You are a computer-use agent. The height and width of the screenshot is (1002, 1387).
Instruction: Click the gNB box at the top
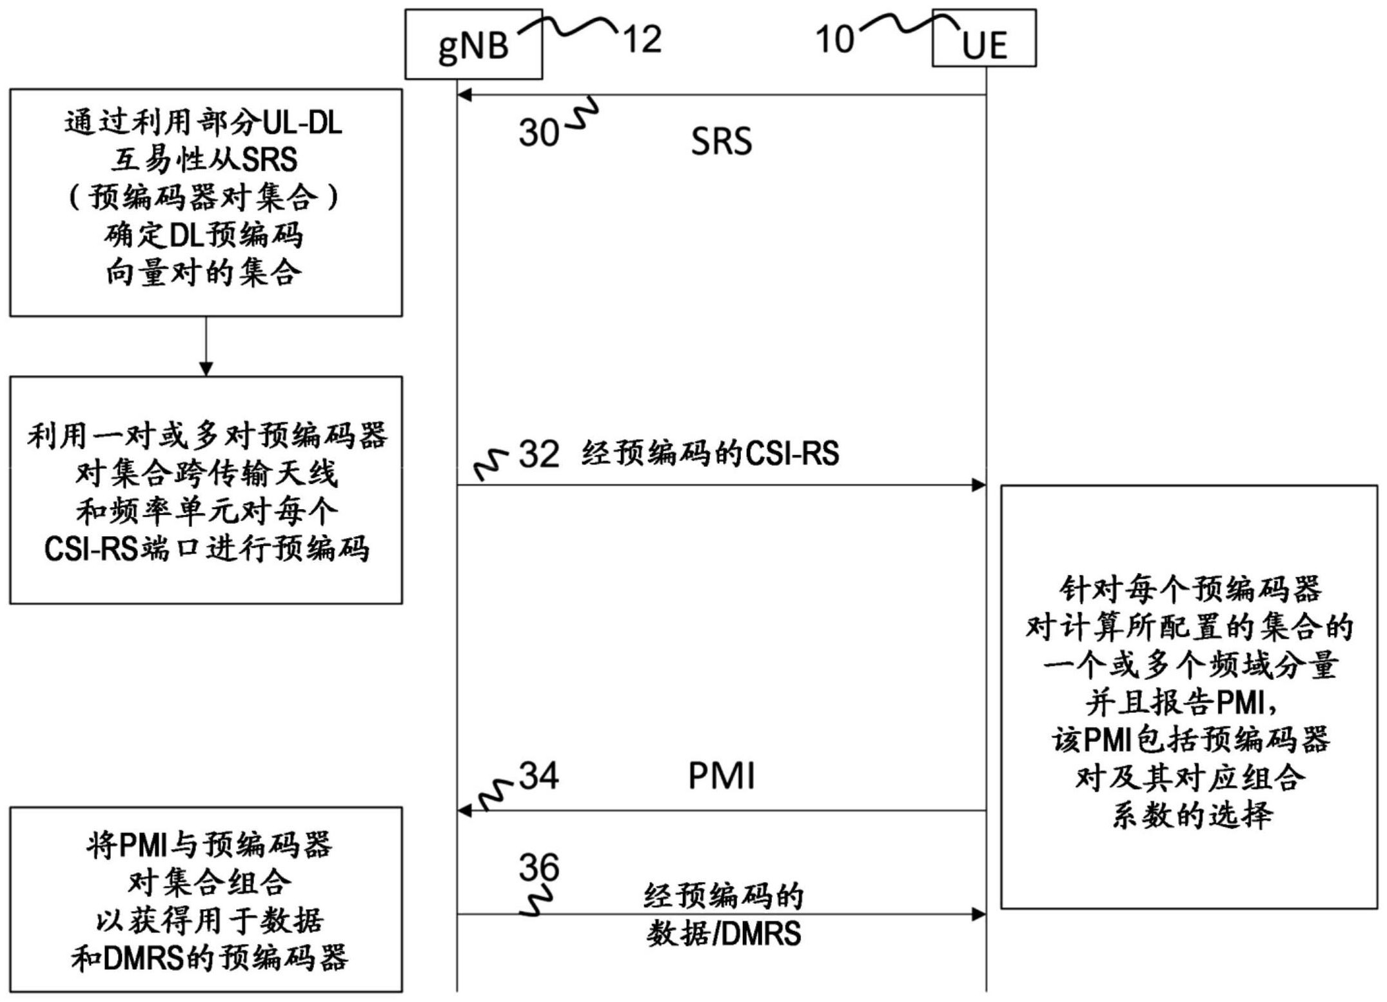click(x=473, y=44)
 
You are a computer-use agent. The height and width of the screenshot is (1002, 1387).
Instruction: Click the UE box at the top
click(x=984, y=38)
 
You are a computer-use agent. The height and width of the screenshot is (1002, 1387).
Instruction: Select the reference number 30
click(x=539, y=132)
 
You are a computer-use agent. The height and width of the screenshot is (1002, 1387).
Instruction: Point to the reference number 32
click(x=539, y=454)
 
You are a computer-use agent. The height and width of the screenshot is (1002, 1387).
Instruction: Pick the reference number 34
click(x=539, y=775)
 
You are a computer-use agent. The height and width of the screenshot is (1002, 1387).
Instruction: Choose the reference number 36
click(x=539, y=868)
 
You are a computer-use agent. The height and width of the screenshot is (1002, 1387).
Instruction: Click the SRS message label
click(x=722, y=141)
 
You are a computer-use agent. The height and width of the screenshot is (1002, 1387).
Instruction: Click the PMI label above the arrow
click(x=722, y=776)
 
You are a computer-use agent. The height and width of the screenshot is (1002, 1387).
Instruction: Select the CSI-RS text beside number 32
click(x=792, y=454)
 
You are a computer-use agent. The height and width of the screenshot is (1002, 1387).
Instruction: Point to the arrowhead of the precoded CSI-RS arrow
click(x=979, y=485)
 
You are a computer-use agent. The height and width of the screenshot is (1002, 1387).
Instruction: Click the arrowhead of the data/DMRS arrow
click(x=979, y=914)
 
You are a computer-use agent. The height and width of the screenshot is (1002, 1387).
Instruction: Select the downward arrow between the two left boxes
click(x=206, y=346)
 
